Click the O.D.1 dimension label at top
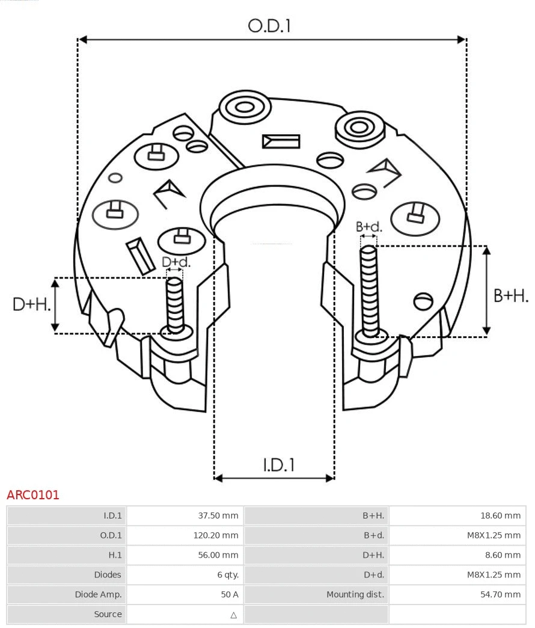pos(269,25)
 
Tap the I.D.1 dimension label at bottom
pos(278,464)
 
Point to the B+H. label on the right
pos(510,295)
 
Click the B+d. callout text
pos(368,227)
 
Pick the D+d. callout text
pos(176,262)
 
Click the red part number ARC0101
pos(33,495)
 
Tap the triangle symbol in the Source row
pos(233,615)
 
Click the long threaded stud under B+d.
pos(370,289)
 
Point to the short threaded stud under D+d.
pos(175,304)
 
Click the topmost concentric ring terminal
pos(244,108)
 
